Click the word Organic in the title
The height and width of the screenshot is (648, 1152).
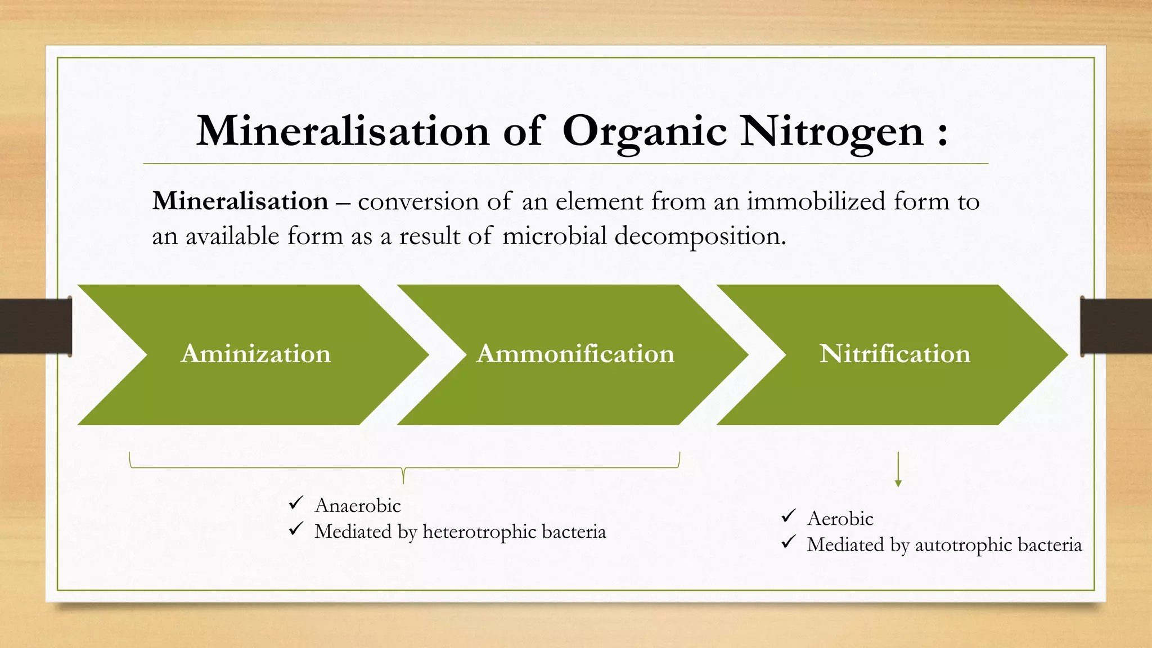645,132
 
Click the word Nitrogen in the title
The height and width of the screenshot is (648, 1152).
831,132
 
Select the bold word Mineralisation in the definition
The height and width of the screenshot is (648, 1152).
240,201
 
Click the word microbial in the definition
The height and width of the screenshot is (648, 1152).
554,236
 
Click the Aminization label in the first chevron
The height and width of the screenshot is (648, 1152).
256,354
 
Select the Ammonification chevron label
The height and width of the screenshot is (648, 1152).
575,354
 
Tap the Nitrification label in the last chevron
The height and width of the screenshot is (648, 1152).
895,354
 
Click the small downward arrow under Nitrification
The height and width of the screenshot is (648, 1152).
898,470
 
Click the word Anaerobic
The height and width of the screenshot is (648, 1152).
358,505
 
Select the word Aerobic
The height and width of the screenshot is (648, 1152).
840,518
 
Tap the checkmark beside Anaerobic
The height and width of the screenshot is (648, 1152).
296,503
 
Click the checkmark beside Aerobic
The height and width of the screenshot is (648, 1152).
789,516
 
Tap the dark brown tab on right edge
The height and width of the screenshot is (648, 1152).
1116,326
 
